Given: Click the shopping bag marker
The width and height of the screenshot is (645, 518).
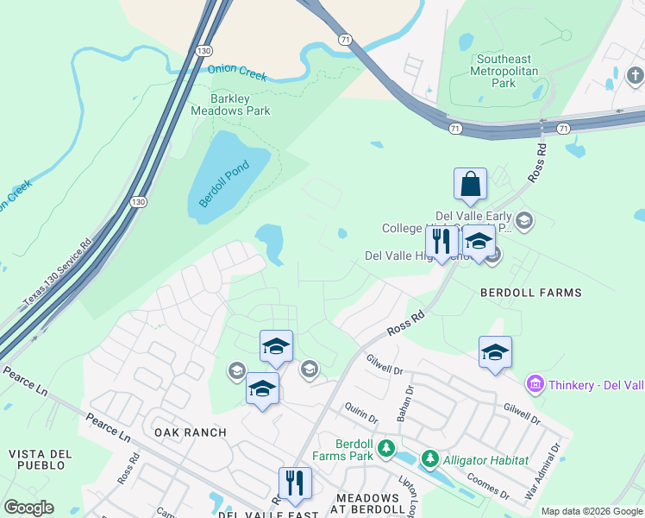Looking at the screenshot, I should tap(470, 184).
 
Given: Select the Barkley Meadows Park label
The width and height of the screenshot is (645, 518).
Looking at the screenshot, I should tap(230, 104).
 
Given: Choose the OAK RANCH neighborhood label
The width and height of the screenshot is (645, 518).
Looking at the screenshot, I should tap(190, 433).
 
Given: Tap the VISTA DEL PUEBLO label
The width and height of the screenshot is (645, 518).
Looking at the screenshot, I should tap(36, 459).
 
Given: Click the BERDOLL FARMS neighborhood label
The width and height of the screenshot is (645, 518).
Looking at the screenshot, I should tap(531, 293).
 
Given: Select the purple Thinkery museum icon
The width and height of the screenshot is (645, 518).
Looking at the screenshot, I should tap(534, 382).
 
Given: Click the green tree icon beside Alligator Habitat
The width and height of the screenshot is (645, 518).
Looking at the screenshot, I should tap(430, 459).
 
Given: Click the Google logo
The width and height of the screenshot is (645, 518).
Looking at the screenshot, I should tap(28, 508).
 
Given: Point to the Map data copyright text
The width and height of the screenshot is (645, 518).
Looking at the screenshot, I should tap(591, 511).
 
